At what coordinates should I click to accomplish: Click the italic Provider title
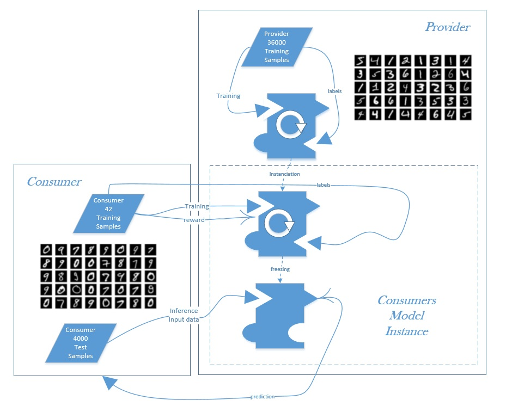tap(448, 27)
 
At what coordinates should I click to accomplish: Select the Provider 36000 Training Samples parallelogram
tap(277, 47)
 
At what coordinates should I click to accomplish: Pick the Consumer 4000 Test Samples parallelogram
tap(81, 343)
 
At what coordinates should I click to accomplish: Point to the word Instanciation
tap(284, 174)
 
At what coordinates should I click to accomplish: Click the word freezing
tap(280, 268)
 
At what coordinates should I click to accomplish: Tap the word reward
tap(194, 220)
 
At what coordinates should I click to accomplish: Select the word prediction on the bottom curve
tap(263, 396)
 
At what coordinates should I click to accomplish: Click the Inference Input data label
tap(184, 315)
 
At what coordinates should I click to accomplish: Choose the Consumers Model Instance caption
tap(406, 316)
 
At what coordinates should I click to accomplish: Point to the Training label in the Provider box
tap(229, 96)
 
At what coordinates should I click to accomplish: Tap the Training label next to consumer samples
tap(197, 207)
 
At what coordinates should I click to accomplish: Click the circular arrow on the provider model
tap(290, 125)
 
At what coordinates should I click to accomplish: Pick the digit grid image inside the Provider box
tap(412, 87)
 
